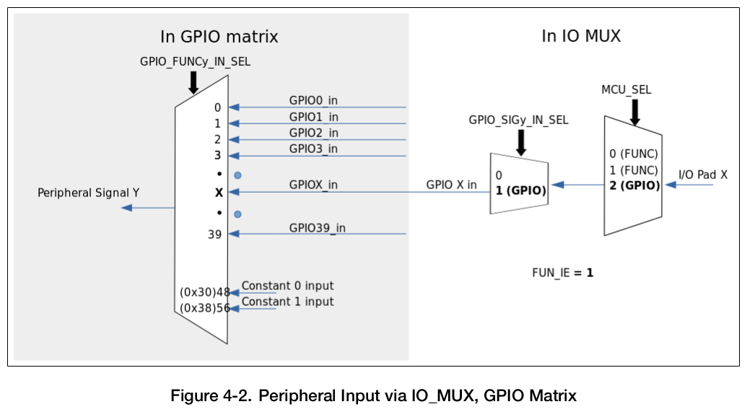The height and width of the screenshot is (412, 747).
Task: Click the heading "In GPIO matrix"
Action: click(x=219, y=37)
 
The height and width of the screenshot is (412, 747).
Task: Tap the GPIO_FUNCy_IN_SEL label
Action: click(x=195, y=62)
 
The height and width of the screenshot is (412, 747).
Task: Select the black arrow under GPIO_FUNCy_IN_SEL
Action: click(x=193, y=82)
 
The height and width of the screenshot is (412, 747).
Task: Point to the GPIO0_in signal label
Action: click(x=313, y=100)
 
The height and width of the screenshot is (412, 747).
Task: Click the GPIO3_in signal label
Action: click(x=313, y=149)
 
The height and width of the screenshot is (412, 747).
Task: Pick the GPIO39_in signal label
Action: click(x=317, y=228)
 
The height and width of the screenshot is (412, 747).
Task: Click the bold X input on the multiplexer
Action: click(x=218, y=193)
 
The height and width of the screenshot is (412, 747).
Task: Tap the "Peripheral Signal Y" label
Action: click(x=89, y=193)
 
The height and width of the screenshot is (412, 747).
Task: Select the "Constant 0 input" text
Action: click(x=287, y=286)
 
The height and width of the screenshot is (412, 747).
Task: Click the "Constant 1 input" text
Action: click(x=287, y=302)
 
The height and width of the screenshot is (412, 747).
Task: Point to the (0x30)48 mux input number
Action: click(x=205, y=292)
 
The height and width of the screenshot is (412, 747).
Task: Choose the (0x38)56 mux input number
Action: click(x=205, y=309)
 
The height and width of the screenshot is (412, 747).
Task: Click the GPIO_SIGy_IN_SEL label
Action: click(x=518, y=120)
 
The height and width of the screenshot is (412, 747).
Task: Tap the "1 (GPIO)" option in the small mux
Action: click(x=520, y=191)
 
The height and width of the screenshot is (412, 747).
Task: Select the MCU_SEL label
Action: click(x=626, y=89)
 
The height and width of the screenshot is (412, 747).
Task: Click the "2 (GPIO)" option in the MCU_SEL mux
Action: click(x=634, y=185)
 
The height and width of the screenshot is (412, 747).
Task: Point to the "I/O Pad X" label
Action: click(x=703, y=175)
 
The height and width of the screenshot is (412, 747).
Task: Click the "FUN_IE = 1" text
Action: click(x=562, y=273)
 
